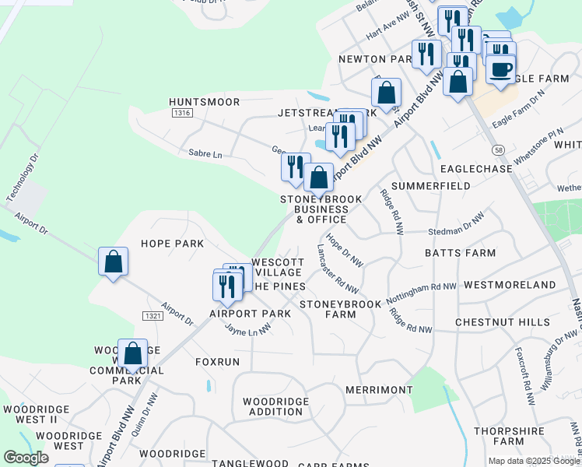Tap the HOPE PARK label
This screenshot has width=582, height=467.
[x=172, y=244]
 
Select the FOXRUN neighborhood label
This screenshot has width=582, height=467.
[x=217, y=362]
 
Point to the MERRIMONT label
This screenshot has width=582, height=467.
[x=379, y=389]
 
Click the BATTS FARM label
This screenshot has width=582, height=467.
[x=460, y=253]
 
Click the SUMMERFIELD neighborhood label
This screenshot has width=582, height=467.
[x=430, y=186]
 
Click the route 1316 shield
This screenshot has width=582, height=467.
[x=183, y=114]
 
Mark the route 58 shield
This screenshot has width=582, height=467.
[x=498, y=149]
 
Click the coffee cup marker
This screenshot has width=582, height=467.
[x=500, y=68]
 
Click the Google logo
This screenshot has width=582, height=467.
[x=26, y=458]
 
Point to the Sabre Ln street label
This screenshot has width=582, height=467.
[x=205, y=154]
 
